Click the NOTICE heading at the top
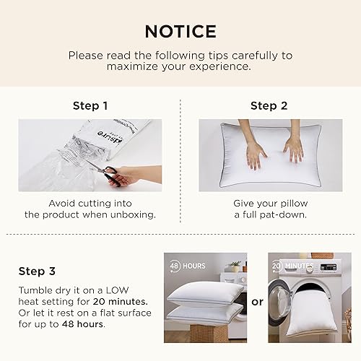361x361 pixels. click(x=180, y=31)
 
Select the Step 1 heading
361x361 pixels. click(x=90, y=105)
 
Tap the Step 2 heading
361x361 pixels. click(x=269, y=105)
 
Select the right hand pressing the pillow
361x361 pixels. click(x=293, y=148)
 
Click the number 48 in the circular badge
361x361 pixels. click(x=174, y=265)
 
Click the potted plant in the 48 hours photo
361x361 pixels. click(x=234, y=266)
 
